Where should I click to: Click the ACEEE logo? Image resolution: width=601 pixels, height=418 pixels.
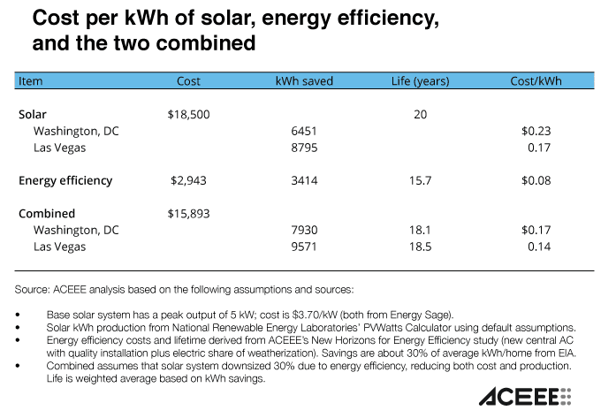click(526, 396)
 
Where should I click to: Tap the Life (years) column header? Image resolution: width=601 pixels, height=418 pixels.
click(420, 81)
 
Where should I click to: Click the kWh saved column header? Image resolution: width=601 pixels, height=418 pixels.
click(303, 81)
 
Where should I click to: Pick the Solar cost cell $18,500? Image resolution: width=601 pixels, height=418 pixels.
click(187, 114)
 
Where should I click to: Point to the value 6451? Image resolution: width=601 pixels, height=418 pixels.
click(303, 131)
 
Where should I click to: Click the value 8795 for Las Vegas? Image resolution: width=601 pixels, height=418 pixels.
click(303, 148)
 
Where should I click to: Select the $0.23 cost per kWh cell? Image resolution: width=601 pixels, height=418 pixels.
click(536, 131)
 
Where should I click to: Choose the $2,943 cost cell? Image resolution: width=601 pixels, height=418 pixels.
click(187, 180)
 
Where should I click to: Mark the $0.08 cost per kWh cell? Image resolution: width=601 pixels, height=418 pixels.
click(536, 180)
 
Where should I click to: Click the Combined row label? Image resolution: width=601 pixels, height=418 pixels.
click(47, 213)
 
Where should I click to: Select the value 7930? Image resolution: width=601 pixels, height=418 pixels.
click(303, 230)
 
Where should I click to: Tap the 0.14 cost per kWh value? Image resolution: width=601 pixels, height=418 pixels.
click(539, 247)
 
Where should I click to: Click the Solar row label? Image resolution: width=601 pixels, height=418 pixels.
click(33, 114)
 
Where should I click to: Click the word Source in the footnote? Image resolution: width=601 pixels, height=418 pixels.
click(34, 290)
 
